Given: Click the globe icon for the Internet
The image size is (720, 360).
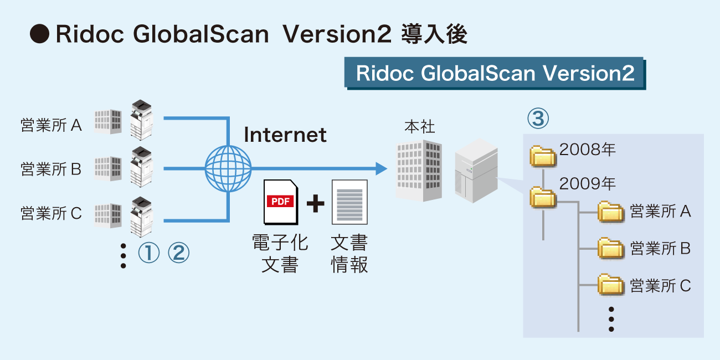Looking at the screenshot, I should (x=228, y=168).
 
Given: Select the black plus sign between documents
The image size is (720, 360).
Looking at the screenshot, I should (x=315, y=203).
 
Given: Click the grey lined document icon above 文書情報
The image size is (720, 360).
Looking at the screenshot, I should (x=349, y=202).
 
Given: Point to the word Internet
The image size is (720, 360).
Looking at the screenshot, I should (x=285, y=135).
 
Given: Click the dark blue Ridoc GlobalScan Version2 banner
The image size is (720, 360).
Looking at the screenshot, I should (x=495, y=74).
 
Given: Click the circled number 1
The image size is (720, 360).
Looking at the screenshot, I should (x=148, y=254).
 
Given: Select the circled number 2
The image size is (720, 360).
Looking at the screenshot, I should (x=178, y=254).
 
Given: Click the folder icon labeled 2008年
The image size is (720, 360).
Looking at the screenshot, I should (x=543, y=156).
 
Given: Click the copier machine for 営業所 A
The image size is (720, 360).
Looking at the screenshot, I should (x=141, y=120).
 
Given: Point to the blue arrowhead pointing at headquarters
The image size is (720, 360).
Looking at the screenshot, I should (x=380, y=168).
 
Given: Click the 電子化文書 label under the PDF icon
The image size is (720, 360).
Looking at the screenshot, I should (x=280, y=254).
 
